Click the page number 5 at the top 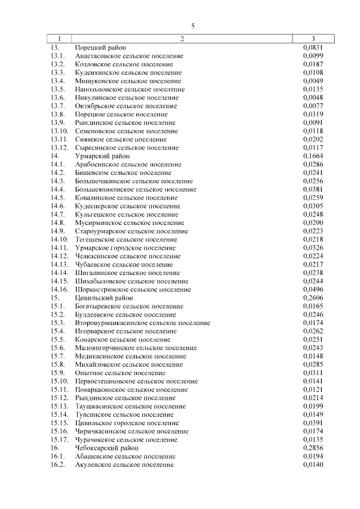point(192,26)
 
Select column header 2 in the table point(182,39)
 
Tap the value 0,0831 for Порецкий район point(312,48)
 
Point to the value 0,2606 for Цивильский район point(312,298)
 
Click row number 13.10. point(59,131)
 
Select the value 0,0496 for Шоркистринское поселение point(312,290)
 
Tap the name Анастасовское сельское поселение point(129,56)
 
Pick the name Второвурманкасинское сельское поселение point(142,323)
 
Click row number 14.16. point(59,290)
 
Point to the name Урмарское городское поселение point(125,247)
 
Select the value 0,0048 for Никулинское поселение point(312,97)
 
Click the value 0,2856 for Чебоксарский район point(312,448)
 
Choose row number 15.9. point(57,373)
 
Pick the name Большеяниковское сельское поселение point(136,189)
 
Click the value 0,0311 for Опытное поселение point(312,373)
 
